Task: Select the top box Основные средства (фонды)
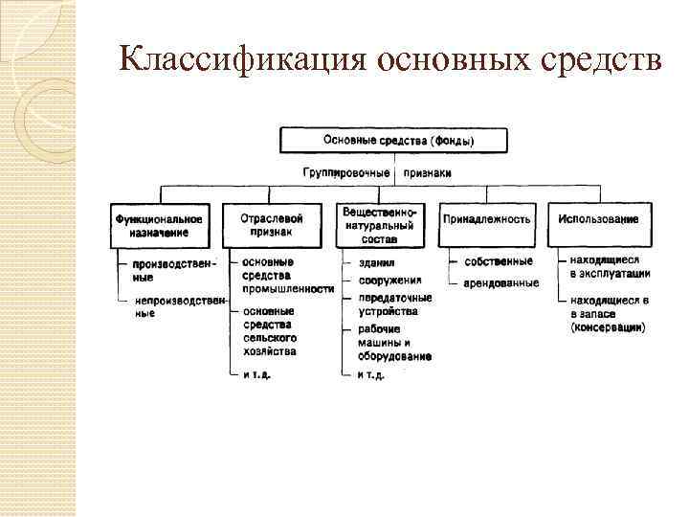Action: click(x=399, y=141)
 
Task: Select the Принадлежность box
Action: click(x=486, y=219)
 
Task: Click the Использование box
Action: click(x=598, y=219)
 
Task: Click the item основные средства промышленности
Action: click(x=287, y=275)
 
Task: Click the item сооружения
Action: click(x=389, y=281)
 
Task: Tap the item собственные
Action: click(x=499, y=261)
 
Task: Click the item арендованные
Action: click(x=500, y=283)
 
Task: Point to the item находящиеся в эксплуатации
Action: click(x=610, y=266)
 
